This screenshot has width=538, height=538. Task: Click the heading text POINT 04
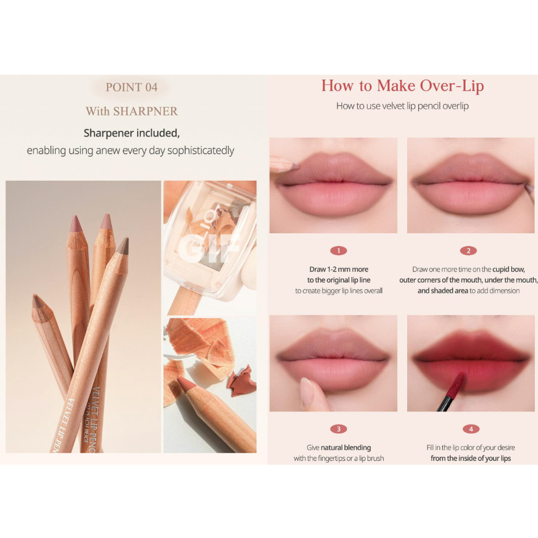coord(131,88)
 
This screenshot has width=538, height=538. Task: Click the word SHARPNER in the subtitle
coord(146,111)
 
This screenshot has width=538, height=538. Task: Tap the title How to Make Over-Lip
coord(402,86)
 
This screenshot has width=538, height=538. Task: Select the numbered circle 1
coord(339,251)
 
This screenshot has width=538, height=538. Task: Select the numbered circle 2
coord(468,251)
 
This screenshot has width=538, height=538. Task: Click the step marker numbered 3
coord(339,429)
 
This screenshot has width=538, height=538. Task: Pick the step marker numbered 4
coord(471,429)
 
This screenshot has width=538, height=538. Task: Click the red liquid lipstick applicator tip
coord(456,385)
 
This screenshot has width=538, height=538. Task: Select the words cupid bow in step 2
coord(509,270)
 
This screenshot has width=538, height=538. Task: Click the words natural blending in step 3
coord(346,448)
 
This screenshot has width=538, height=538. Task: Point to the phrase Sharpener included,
coord(132,133)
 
